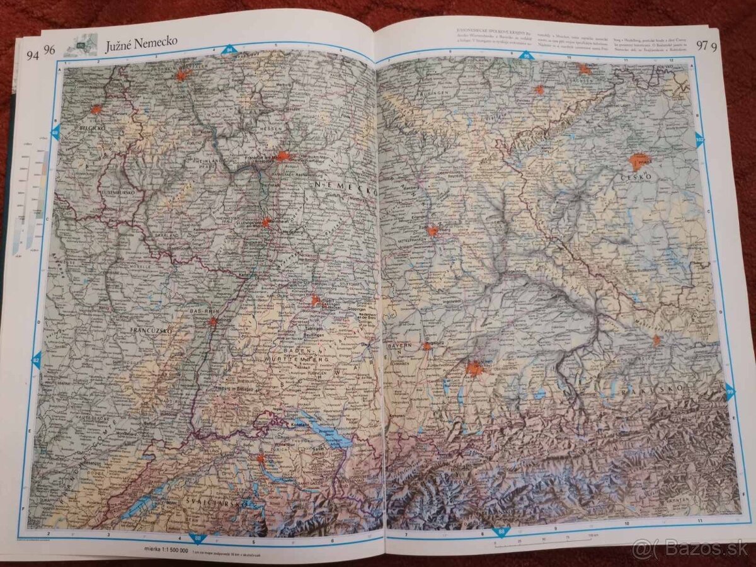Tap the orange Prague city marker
(639, 161)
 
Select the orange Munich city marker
(474, 368)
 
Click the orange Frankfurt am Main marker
(283, 156)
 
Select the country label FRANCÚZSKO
(151, 329)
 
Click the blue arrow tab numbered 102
(700, 139)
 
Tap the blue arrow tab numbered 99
(730, 392)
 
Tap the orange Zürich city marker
(261, 459)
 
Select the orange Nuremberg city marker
(432, 231)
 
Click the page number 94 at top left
(32, 54)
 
